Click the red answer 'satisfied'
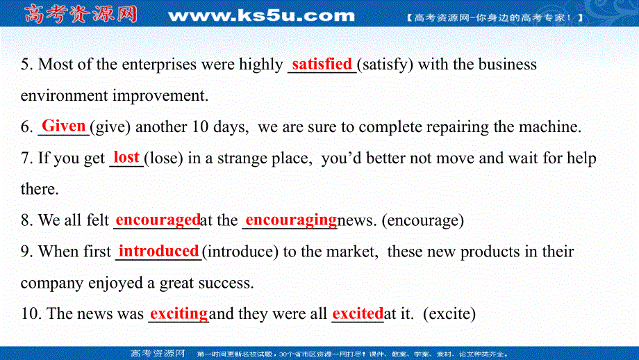pos(322,65)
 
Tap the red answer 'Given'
pos(64,126)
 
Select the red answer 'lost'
pos(126,158)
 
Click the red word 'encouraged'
pos(158,220)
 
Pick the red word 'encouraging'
pos(291,220)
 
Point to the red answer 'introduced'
pos(159,251)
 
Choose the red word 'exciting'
pos(179,313)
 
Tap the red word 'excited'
pos(358,313)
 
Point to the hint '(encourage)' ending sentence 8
pos(423,221)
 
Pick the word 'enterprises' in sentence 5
pos(158,65)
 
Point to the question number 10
pos(30,314)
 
